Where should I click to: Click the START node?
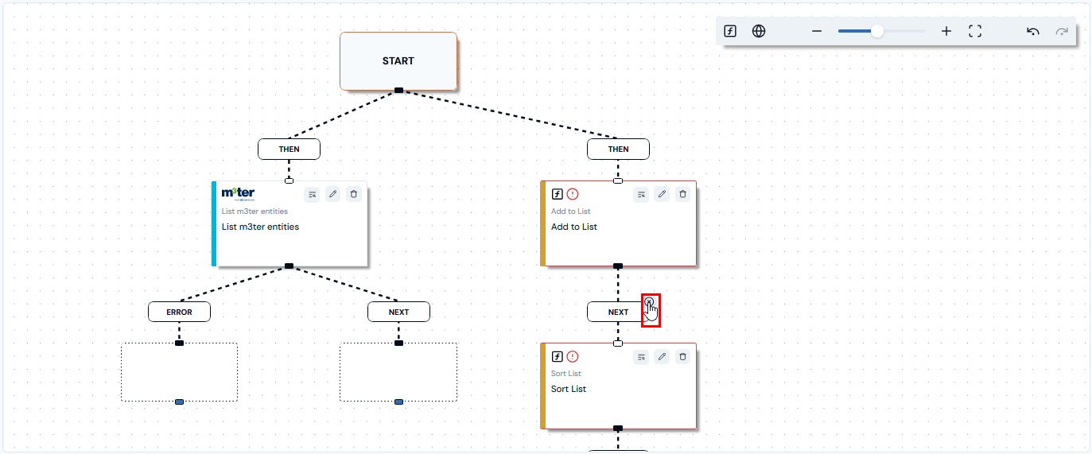(398, 61)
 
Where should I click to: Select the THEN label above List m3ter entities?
(289, 149)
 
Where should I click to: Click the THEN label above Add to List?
(618, 149)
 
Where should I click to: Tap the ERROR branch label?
(180, 312)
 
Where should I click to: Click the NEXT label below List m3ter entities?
(398, 312)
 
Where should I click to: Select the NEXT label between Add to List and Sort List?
(618, 312)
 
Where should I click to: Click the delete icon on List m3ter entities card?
(354, 194)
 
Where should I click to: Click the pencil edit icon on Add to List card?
(662, 194)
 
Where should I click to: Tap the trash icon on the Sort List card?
(683, 357)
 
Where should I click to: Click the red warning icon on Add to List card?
(573, 194)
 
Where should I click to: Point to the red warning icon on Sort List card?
(573, 357)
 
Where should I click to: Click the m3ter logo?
(238, 194)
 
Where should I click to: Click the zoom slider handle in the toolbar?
(877, 31)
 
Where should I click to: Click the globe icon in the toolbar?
(759, 31)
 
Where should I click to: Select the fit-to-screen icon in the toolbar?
(975, 31)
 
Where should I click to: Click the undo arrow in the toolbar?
(1032, 32)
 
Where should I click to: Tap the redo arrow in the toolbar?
(1062, 32)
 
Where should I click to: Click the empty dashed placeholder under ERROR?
(180, 372)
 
